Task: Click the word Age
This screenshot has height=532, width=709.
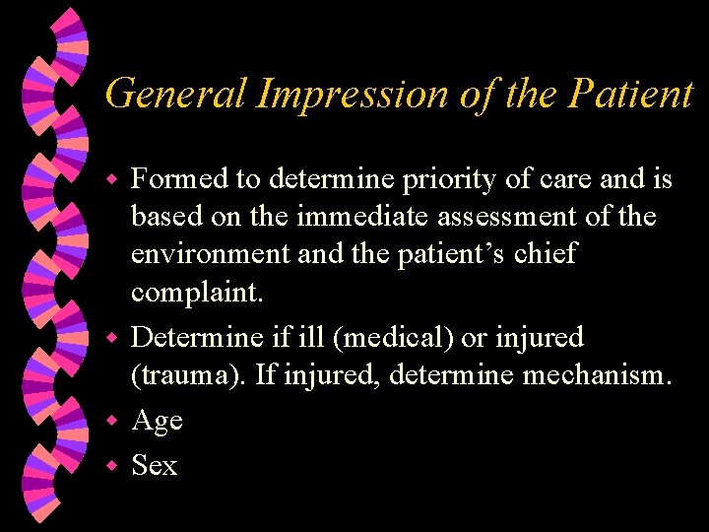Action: [x=157, y=422]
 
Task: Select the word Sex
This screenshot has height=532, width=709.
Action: [x=155, y=465]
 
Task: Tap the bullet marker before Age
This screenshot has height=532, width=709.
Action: [x=112, y=422]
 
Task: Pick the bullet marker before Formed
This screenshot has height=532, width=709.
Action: [x=112, y=181]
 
